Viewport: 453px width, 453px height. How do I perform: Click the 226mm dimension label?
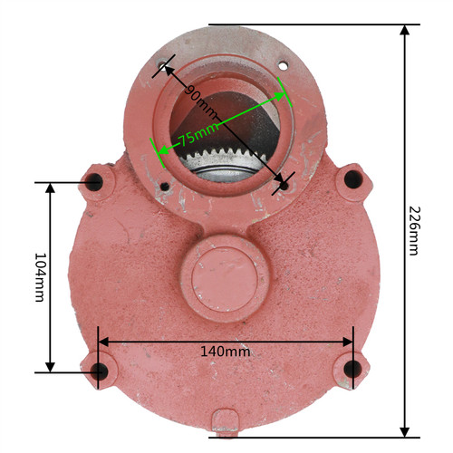(x=414, y=231)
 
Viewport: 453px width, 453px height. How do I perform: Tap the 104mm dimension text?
(x=40, y=277)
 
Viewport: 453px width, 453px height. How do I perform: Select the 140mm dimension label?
(x=226, y=352)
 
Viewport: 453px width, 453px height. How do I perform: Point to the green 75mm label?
(x=199, y=134)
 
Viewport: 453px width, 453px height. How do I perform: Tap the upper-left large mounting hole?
(x=94, y=182)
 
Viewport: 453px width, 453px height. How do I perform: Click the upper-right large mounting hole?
(x=352, y=179)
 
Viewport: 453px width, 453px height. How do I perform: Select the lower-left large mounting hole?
(x=100, y=371)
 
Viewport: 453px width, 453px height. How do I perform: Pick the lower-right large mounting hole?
(x=352, y=369)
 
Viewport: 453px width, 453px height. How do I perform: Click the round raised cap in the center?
(x=225, y=278)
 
